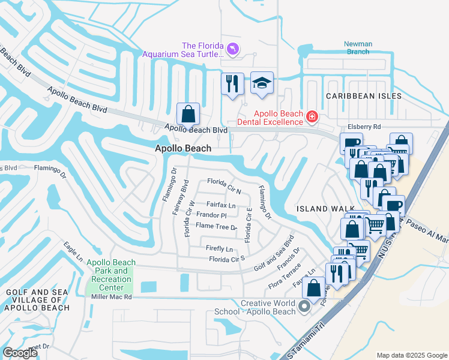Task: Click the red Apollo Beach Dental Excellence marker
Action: [x=312, y=116]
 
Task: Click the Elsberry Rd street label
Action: [x=364, y=127]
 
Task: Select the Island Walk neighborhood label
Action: [x=321, y=209]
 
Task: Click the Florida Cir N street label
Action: [x=224, y=186]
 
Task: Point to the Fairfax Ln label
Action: [x=221, y=205]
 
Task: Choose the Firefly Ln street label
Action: [x=219, y=248]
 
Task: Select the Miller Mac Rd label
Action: [x=111, y=297]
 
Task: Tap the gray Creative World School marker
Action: [x=304, y=308]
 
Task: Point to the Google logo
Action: [x=20, y=353]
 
